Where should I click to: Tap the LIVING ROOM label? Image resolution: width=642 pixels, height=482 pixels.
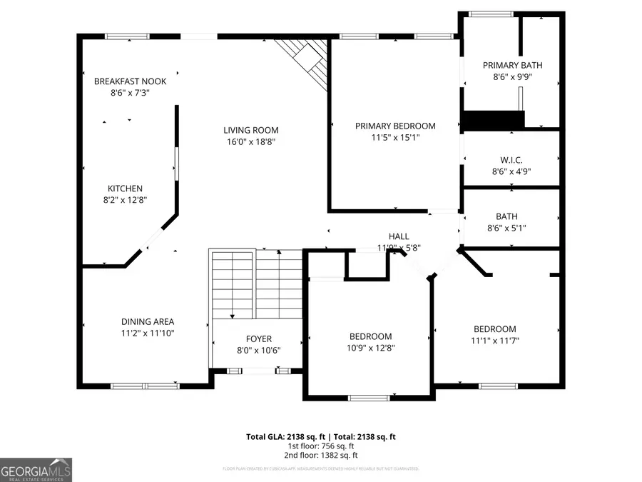250,131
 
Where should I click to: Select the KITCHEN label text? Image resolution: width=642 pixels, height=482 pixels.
125,189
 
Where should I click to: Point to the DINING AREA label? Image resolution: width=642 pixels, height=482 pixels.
148,322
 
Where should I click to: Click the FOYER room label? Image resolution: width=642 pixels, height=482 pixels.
258,339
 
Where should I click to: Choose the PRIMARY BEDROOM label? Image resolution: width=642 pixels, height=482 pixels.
395,126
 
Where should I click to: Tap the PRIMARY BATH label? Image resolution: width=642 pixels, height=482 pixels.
507,66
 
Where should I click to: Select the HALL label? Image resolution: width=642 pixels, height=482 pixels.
399,236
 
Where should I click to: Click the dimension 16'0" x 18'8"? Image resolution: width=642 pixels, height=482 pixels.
250,142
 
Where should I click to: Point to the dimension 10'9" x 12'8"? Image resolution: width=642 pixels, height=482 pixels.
370,348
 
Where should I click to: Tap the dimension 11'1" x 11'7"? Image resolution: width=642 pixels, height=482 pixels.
495,341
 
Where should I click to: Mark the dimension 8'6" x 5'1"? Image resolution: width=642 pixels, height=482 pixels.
507,228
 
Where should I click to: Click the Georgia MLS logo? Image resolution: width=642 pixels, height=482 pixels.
36,470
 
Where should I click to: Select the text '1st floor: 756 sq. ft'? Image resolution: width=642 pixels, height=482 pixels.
321,446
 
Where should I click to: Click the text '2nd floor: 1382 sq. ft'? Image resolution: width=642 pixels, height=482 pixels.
321,455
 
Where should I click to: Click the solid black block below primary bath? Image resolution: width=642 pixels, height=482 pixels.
493,120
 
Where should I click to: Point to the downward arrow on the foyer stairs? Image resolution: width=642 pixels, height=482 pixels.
232,315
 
